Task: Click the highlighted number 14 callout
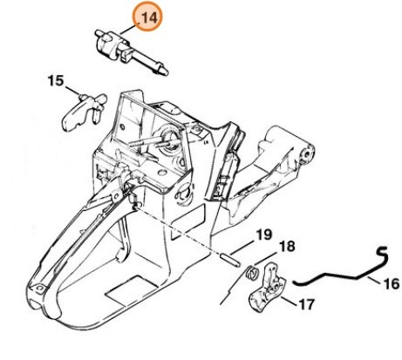point(150,18)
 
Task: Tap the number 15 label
point(56,80)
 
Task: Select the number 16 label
point(392,283)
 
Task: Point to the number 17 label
point(306,304)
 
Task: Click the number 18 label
point(287,246)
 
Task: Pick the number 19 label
point(264,234)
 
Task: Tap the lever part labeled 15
point(85,111)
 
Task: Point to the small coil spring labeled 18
point(252,273)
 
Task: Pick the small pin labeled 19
point(230,261)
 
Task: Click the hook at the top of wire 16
point(383,254)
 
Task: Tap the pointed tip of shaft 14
point(166,72)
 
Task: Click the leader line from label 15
point(72,90)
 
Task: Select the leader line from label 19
point(243,248)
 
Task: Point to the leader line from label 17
point(290,301)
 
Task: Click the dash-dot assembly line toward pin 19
point(178,230)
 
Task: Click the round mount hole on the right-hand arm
point(306,153)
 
